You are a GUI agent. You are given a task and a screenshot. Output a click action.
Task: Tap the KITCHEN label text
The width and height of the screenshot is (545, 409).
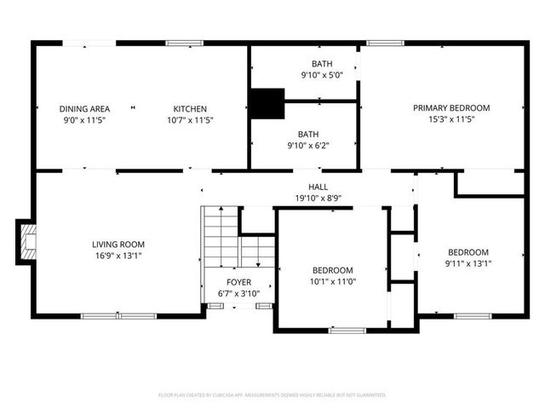pos(190,108)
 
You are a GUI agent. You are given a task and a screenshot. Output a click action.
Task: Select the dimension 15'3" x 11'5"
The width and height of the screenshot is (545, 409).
pos(451,120)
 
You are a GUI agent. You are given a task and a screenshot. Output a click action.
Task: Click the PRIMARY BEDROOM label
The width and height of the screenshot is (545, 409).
pos(451,108)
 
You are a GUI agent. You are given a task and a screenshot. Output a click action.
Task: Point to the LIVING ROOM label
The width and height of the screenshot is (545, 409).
pos(118,245)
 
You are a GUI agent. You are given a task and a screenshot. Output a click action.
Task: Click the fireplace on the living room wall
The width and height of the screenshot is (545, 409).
pos(27,241)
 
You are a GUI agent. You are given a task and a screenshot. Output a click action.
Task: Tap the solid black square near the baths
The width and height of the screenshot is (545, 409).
pos(267,103)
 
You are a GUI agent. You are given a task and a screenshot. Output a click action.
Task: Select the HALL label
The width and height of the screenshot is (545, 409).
pos(318,186)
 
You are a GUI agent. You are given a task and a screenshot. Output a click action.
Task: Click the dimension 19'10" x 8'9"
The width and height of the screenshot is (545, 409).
pos(318,198)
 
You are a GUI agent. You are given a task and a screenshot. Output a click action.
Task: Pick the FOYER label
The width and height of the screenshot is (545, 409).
pos(238,282)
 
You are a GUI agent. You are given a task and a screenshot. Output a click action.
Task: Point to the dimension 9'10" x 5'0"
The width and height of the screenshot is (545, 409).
pos(321,76)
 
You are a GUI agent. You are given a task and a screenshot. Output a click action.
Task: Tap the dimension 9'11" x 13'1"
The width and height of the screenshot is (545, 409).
pos(468,263)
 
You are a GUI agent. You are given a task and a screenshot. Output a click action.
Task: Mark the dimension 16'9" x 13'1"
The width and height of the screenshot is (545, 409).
pos(118,256)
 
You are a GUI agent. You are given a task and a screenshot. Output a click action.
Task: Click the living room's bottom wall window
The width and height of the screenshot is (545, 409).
pos(118,315)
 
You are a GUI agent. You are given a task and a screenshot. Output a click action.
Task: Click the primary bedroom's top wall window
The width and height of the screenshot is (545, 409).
pos(385,43)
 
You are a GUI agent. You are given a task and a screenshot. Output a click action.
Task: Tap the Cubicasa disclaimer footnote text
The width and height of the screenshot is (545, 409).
pos(272,395)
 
